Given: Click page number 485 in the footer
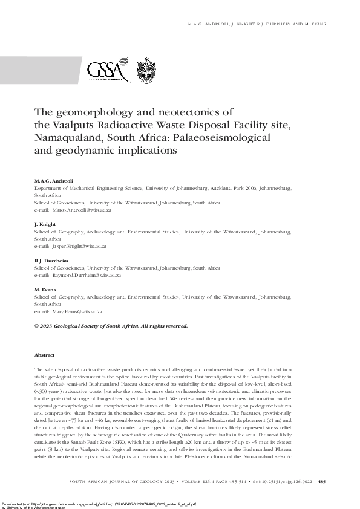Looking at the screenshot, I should (x=321, y=481).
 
